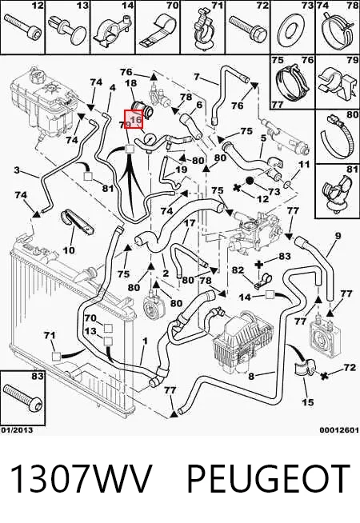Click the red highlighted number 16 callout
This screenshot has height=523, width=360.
click(134, 119)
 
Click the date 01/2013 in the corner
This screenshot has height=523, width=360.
click(17, 430)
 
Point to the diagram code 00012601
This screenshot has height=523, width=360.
click(339, 430)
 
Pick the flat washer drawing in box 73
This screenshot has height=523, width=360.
click(291, 30)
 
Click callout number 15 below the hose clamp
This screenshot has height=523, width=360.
click(307, 401)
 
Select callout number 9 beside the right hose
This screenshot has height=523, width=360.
click(338, 236)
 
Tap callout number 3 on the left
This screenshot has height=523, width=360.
click(17, 171)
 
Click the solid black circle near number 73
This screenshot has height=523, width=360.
click(250, 181)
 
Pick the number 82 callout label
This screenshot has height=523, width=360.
click(238, 269)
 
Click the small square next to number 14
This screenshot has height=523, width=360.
click(270, 295)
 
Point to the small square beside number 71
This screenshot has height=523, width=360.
click(56, 357)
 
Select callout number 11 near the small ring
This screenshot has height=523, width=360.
click(304, 164)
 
